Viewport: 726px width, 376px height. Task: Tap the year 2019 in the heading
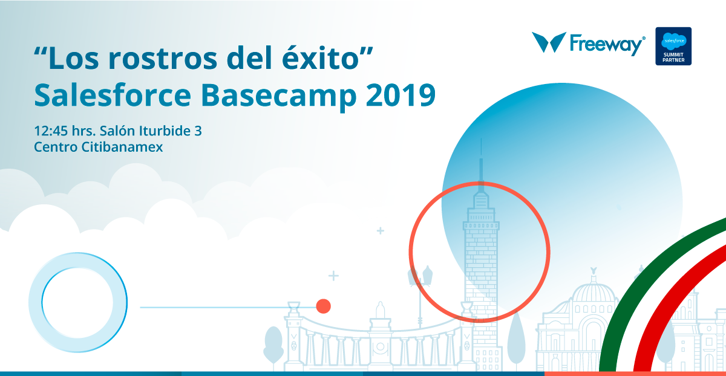click(x=401, y=96)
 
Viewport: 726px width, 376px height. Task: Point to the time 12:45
click(x=51, y=131)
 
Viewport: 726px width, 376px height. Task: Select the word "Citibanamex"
click(x=122, y=147)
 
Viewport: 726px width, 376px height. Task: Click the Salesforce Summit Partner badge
click(x=673, y=46)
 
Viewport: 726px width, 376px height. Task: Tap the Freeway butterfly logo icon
click(x=549, y=42)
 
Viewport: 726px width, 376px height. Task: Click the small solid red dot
click(x=323, y=306)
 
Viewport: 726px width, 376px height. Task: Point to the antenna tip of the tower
click(x=481, y=140)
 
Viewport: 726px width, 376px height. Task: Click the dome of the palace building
click(x=593, y=291)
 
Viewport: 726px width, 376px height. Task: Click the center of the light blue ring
click(x=78, y=302)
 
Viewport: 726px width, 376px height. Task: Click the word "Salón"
click(x=117, y=131)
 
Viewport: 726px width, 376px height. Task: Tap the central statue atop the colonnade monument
click(x=381, y=310)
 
